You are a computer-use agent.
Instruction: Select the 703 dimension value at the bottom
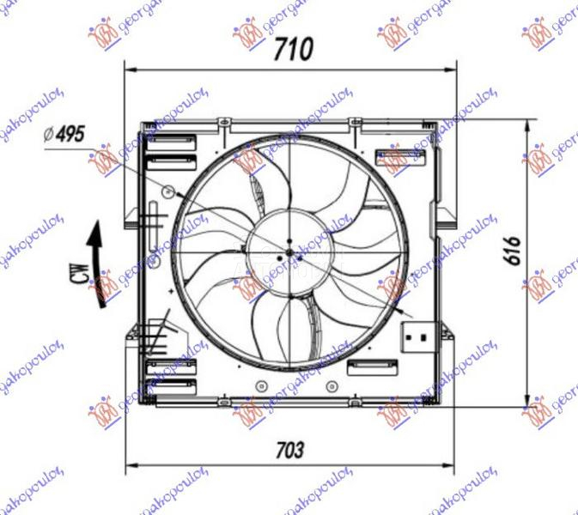(x=289, y=449)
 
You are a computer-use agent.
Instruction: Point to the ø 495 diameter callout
(x=66, y=134)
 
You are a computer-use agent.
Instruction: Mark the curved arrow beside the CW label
(x=95, y=245)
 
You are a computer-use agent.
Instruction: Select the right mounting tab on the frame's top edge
(x=353, y=124)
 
